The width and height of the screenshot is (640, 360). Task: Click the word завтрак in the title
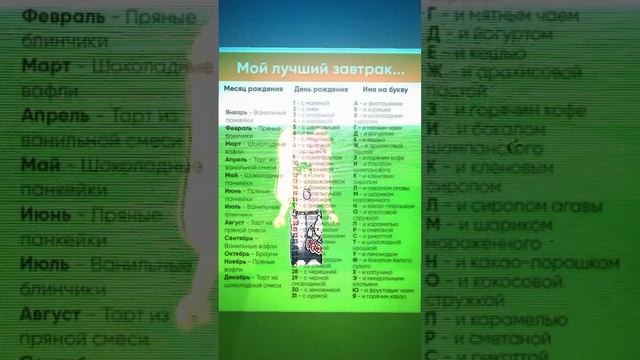pyautogui.click(x=359, y=69)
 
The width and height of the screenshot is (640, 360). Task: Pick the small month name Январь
pyautogui.click(x=236, y=113)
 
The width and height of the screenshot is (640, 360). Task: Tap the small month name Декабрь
pyautogui.click(x=238, y=276)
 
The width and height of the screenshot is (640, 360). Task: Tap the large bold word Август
pyautogui.click(x=51, y=313)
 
